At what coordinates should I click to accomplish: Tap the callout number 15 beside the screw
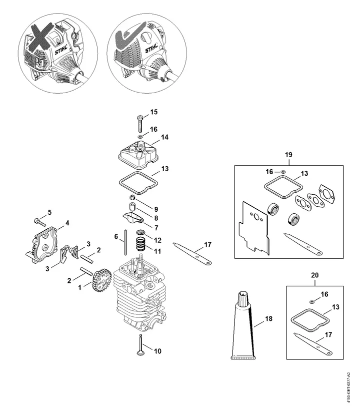coord(154,112)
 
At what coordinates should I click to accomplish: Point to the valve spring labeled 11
coord(141,244)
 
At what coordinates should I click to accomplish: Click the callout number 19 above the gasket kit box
coord(288,155)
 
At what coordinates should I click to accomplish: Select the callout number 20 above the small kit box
coord(315,275)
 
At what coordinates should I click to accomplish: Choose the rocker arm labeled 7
coord(132,218)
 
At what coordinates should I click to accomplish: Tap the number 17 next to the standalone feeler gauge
coord(207,244)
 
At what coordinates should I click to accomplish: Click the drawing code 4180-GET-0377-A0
coord(348,387)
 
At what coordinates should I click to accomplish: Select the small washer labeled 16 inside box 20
coord(311,302)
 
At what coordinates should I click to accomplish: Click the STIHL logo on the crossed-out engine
coord(61,50)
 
